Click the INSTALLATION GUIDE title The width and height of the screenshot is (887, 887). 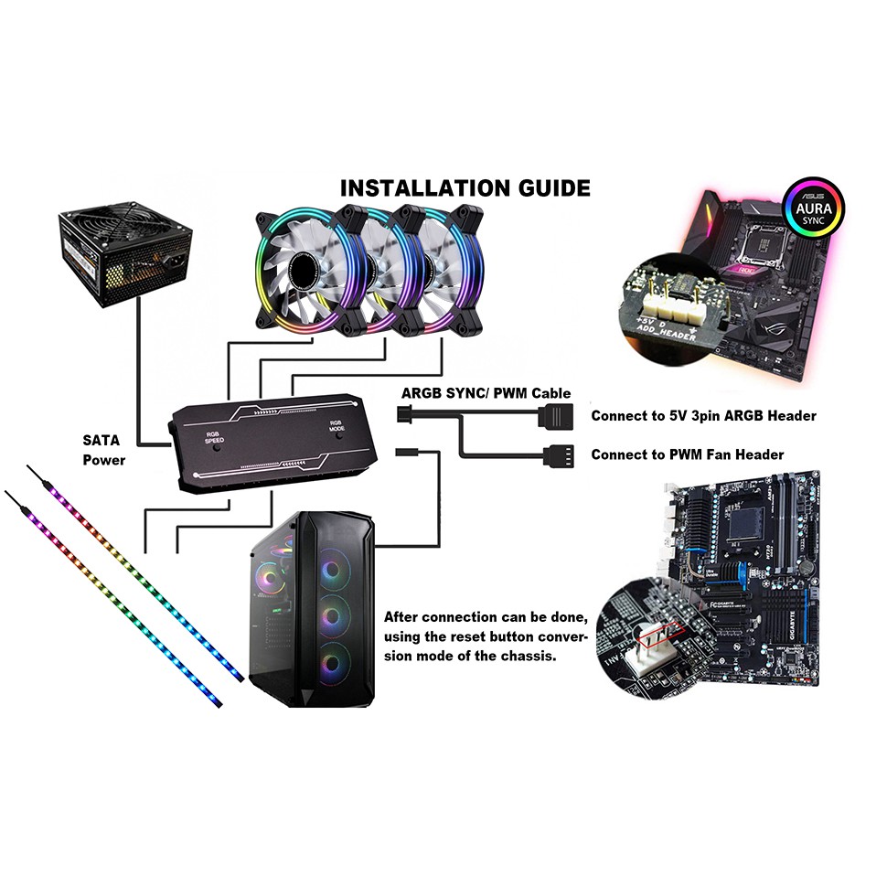pos(465,188)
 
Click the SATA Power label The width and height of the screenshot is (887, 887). pos(102,450)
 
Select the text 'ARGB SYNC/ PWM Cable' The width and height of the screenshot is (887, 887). pos(486,393)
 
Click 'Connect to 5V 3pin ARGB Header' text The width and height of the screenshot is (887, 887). pos(703,416)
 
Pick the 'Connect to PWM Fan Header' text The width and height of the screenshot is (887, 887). pos(687,454)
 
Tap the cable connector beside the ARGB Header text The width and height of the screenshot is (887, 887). pos(557,416)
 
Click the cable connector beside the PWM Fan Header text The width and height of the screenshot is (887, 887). pos(558,454)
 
